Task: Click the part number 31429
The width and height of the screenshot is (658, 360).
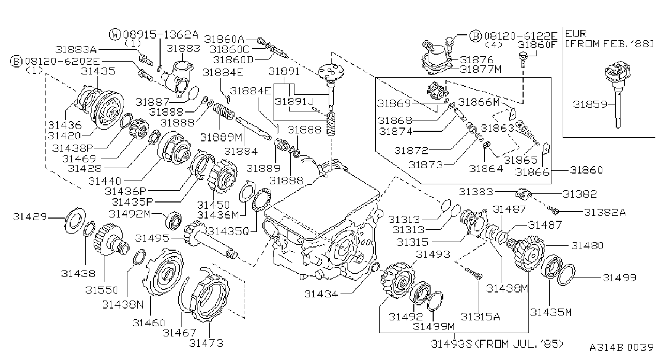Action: pos(29,217)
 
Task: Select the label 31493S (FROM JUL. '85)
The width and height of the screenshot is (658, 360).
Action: pos(497,343)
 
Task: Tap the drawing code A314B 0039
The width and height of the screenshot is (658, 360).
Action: pos(621,347)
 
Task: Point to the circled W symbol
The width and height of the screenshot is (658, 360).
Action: pos(115,34)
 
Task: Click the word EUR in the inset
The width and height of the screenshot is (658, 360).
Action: pos(576,33)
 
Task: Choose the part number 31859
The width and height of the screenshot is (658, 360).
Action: pos(590,104)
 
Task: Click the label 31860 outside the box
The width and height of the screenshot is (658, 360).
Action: pos(586,170)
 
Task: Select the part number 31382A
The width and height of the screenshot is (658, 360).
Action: pos(605,212)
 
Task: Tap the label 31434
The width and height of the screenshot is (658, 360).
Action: pos(321,294)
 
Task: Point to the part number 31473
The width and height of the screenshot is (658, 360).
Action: pos(206,343)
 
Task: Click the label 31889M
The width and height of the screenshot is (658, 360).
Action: pos(221,137)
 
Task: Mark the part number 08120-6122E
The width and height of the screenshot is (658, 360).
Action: pos(520,36)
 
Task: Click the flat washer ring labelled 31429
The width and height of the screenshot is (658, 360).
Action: pos(75,220)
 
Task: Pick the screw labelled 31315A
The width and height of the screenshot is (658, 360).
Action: pos(473,273)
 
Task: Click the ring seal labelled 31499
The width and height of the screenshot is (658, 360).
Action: pos(566,275)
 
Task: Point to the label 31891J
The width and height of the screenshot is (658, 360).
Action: pos(294,102)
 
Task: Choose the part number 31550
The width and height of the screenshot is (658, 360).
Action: pos(102,290)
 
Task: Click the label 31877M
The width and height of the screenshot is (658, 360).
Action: pos(481,69)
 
